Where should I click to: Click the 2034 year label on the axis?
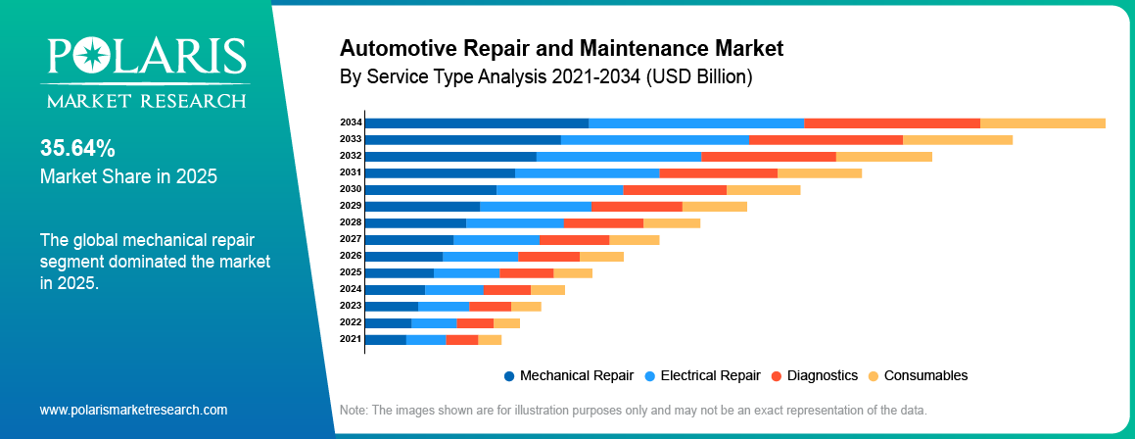pos(351,122)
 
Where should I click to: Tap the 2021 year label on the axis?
pos(351,339)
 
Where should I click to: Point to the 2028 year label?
pos(351,222)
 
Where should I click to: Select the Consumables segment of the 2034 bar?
pos(1042,122)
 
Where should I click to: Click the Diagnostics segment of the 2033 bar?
pos(826,139)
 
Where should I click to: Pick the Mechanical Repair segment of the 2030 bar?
pos(430,189)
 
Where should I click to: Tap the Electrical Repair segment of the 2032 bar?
pos(619,156)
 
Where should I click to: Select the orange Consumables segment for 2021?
pos(490,339)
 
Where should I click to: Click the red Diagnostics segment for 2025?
pos(526,272)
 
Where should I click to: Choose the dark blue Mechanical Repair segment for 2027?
pos(408,239)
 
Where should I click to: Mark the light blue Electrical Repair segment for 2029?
pos(535,206)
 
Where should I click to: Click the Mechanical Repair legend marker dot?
pos(509,376)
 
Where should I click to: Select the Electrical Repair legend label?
pos(710,375)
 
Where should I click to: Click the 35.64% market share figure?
pos(78,149)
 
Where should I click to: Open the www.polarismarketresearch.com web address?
pos(133,410)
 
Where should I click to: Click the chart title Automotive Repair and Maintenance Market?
pos(561,47)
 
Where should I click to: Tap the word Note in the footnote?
pos(354,409)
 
